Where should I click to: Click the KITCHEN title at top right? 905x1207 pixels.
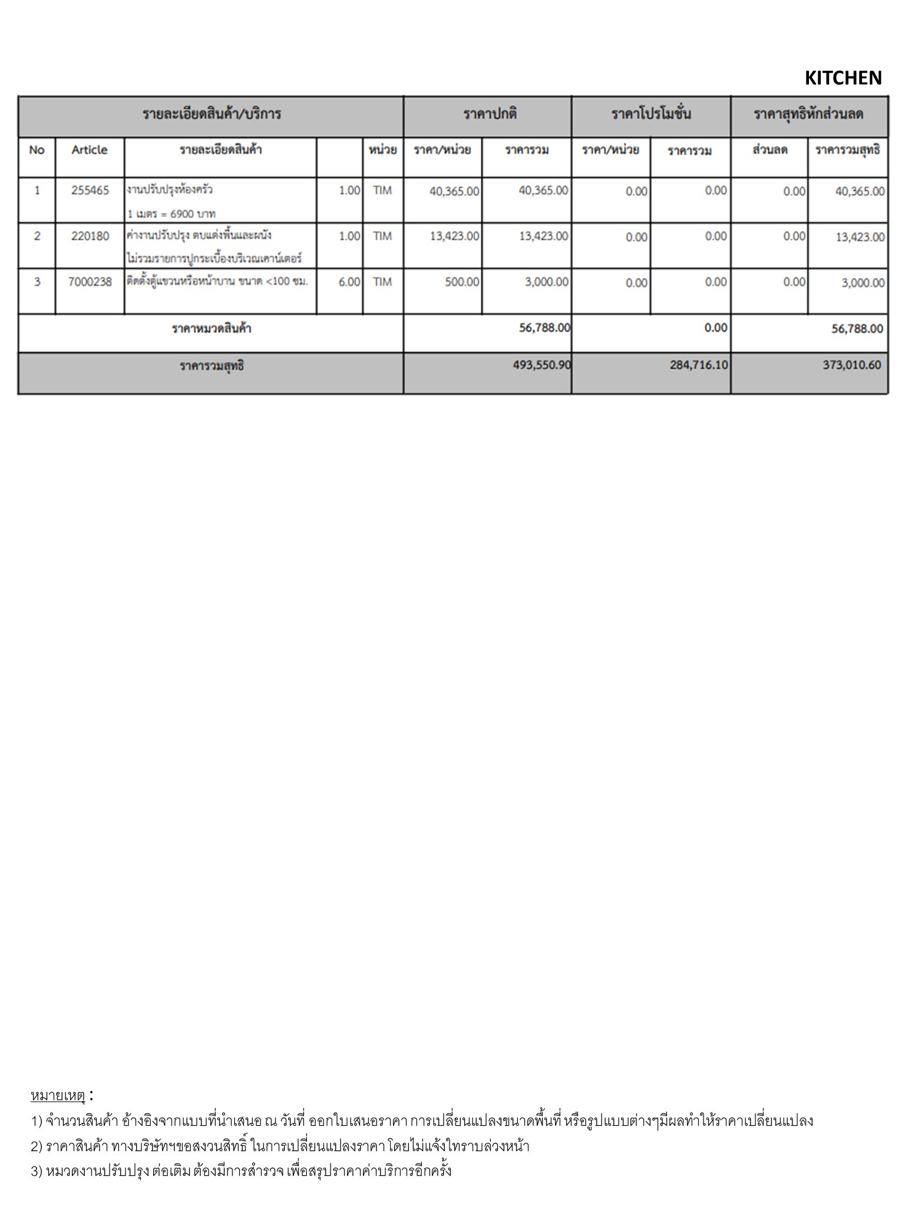coord(843,78)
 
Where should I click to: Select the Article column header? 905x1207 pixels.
coord(90,150)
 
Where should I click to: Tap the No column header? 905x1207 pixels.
coord(37,150)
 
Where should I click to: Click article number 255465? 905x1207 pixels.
coord(90,190)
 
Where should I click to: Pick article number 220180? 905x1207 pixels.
coord(90,236)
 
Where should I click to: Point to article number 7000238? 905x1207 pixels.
coord(90,282)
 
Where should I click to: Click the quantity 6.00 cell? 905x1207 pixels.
coord(349,282)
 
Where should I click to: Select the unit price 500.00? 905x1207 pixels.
coord(462,282)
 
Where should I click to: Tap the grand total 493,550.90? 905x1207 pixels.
coord(541,365)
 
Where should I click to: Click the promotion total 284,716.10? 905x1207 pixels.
coord(699,365)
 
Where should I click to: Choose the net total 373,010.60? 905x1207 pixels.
coord(852,365)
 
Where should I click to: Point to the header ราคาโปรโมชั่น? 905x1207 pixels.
coord(651,114)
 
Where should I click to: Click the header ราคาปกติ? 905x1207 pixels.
coord(490,114)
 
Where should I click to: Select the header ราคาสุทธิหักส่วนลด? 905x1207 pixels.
coord(808,114)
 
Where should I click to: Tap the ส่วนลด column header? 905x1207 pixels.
coord(769,150)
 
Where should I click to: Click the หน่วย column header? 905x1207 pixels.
coord(382,150)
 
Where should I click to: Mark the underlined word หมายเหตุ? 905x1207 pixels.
coord(58,1096)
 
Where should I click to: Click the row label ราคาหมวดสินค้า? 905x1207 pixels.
coord(212,328)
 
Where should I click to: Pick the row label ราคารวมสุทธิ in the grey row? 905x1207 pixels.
coord(212,366)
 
